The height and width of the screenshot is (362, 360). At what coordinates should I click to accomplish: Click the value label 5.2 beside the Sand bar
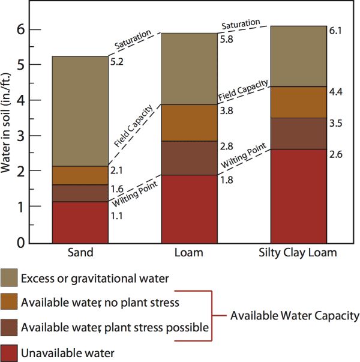click(x=115, y=61)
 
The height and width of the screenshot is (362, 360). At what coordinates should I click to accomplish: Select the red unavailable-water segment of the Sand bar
click(x=79, y=222)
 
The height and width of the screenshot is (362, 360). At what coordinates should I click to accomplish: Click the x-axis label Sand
click(x=79, y=253)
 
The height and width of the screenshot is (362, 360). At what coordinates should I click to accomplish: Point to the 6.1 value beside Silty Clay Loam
click(x=336, y=30)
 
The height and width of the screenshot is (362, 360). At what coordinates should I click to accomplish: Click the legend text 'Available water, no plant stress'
click(x=100, y=303)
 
